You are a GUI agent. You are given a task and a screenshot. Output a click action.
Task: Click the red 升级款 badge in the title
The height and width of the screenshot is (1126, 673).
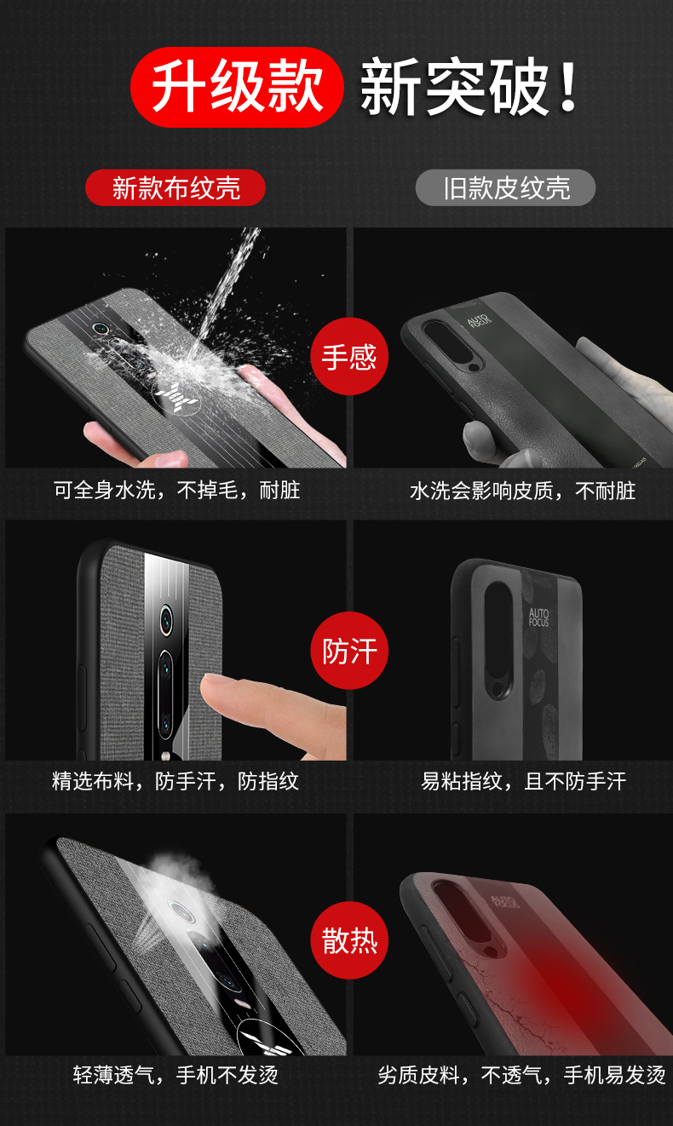pos(237,87)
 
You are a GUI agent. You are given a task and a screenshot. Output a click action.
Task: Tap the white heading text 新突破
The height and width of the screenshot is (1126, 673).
pos(453,87)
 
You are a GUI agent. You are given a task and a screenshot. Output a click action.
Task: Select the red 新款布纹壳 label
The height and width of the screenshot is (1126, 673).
pos(175,188)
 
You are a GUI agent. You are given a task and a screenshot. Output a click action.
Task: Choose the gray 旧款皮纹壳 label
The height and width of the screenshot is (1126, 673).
pos(506,188)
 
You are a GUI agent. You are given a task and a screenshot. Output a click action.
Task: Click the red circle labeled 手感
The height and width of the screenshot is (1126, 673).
pos(349,356)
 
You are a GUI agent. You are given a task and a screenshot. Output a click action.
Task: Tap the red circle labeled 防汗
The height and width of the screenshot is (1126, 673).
pos(349,651)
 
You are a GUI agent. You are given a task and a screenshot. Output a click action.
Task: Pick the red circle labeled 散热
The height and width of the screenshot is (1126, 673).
pos(349,939)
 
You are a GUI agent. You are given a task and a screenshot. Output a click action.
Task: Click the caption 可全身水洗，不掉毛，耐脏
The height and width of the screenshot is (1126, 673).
pos(177,490)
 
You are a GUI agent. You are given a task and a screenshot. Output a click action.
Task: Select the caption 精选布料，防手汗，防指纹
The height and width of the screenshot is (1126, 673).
pos(175,781)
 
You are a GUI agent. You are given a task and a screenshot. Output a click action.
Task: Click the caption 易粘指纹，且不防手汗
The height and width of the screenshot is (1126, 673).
pos(524,781)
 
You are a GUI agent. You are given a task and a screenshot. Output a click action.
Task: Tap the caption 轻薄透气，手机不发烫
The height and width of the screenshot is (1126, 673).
pos(175,1075)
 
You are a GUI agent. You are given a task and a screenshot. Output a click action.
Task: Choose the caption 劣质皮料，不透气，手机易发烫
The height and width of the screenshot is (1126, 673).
pos(521,1075)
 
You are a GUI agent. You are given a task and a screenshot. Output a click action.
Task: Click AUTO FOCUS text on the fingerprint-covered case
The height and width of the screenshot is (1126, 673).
pos(538,617)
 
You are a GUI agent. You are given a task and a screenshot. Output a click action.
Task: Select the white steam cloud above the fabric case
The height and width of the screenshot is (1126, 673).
pos(180,876)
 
